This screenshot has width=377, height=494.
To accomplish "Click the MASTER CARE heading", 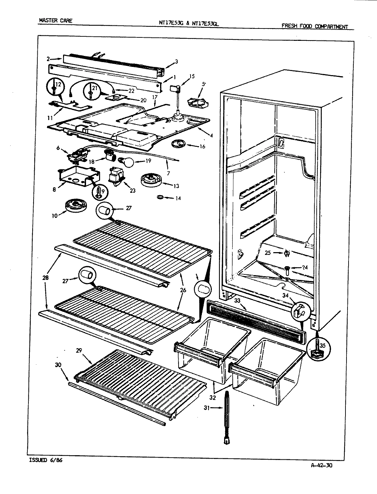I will (56, 21).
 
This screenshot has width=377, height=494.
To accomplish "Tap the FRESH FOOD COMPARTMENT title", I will (315, 26).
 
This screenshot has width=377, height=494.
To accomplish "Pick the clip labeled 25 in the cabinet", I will (287, 254).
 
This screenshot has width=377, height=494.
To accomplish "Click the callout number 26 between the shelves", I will (183, 290).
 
